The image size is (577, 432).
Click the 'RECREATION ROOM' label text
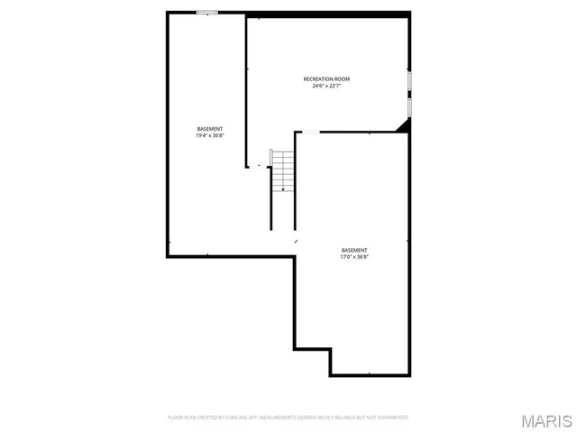[326, 79]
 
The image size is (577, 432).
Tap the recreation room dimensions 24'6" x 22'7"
[326, 87]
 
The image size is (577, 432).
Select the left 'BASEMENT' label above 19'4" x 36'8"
[209, 129]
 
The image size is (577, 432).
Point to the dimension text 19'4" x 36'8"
[209, 136]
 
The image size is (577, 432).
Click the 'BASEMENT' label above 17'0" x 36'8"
[354, 250]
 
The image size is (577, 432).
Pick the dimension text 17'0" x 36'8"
[354, 257]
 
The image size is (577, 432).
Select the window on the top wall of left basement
[207, 13]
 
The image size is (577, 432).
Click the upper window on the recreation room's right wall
[409, 81]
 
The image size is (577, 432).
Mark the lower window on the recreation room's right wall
[409, 106]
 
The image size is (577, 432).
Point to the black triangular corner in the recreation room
[404, 126]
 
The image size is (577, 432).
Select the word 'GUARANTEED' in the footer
[392, 418]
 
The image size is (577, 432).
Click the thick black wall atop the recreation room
[328, 14]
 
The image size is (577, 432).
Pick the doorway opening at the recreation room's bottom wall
[308, 133]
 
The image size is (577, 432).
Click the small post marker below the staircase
[295, 241]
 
